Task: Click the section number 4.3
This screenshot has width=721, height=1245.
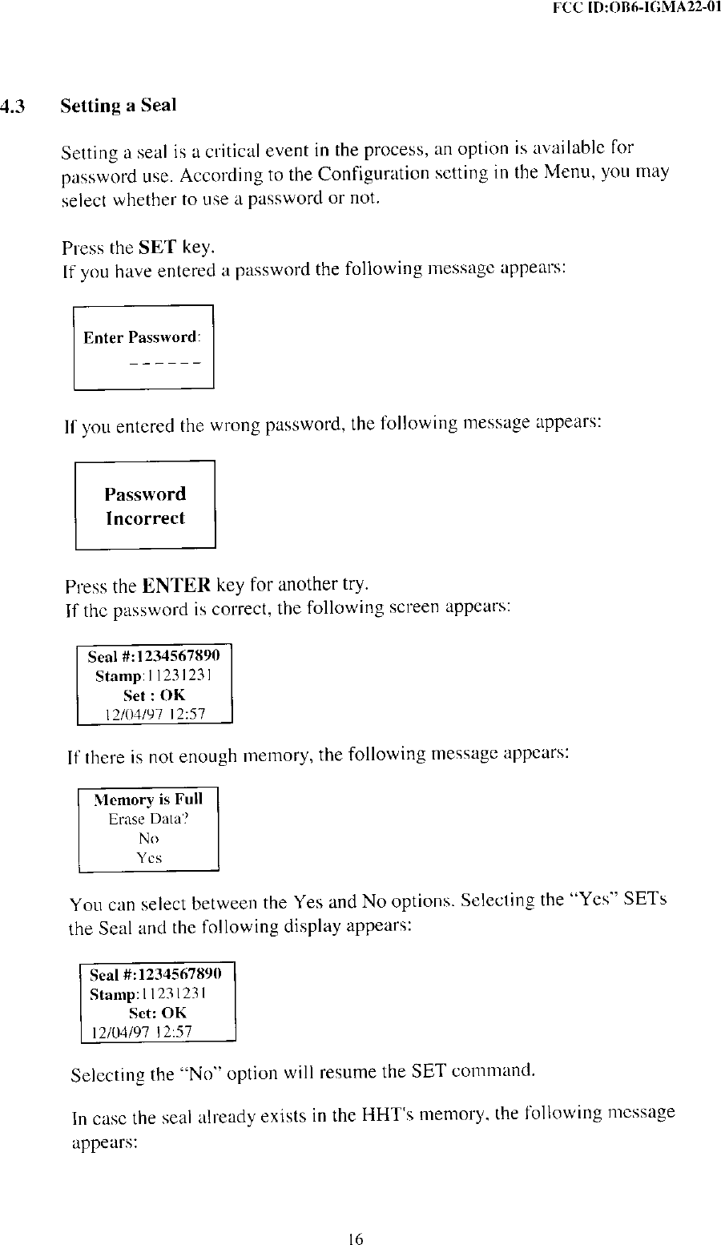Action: [13, 106]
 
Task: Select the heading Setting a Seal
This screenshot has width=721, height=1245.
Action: [119, 106]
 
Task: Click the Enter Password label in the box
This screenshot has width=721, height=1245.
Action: [141, 337]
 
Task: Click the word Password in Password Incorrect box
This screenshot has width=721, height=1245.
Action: [145, 494]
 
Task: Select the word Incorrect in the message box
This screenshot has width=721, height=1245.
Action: [145, 518]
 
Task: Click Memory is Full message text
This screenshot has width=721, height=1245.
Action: [148, 800]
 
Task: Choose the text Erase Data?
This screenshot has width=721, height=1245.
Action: [148, 819]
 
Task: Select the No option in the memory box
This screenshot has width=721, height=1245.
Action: [148, 839]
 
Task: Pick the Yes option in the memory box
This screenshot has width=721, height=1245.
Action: [148, 858]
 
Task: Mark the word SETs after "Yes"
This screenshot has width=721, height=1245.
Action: [646, 901]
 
